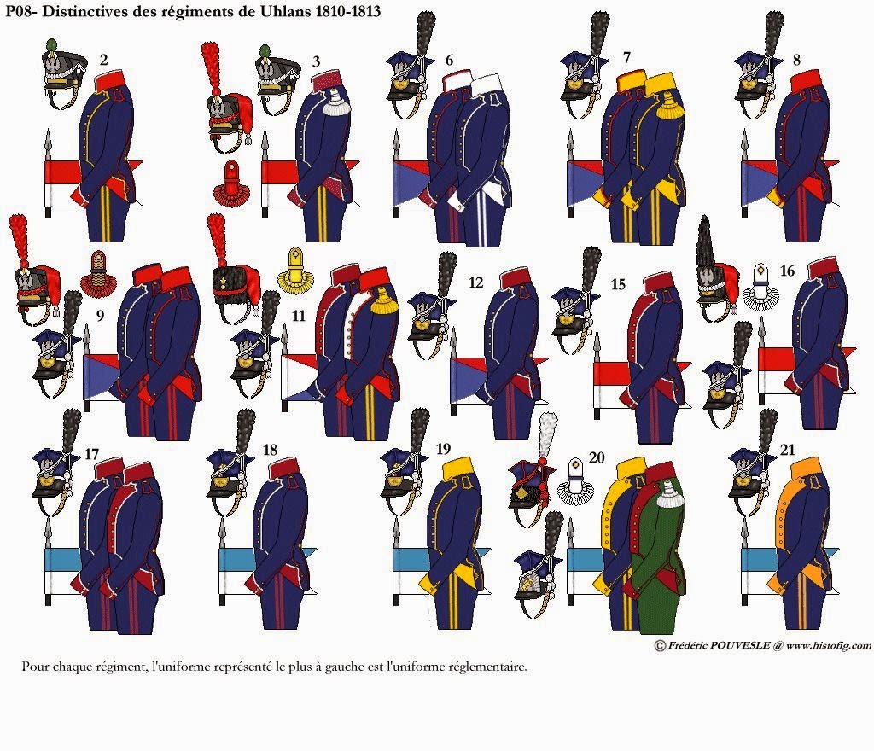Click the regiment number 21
click(787, 450)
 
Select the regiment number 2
click(103, 60)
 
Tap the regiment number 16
click(786, 271)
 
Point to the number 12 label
click(475, 282)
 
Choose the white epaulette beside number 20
click(576, 482)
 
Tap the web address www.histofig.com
click(829, 646)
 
